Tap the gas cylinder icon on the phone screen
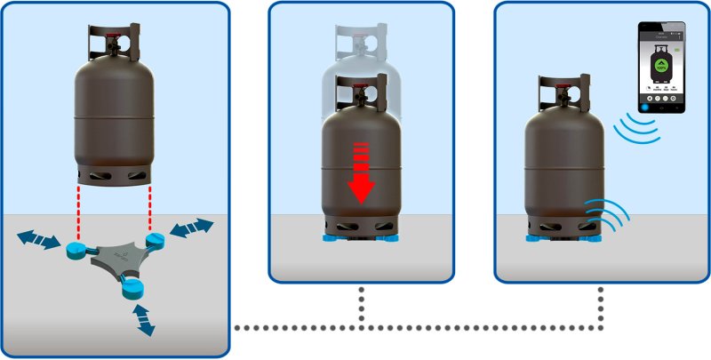click(x=660, y=63)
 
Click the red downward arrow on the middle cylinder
click(x=360, y=172)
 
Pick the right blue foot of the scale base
click(x=156, y=241)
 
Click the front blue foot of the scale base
click(x=133, y=286)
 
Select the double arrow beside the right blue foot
click(x=193, y=229)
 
